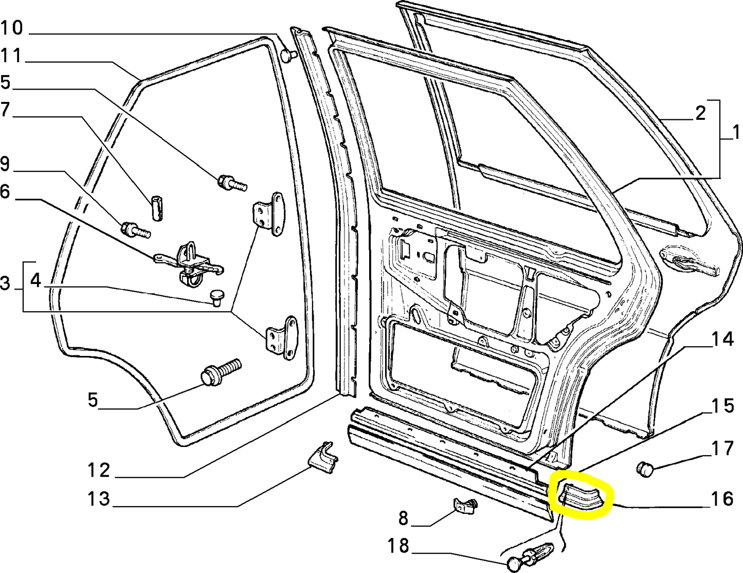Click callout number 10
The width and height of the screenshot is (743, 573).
click(x=12, y=28)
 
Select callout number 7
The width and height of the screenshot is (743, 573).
click(x=4, y=110)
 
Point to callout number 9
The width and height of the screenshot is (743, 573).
click(x=5, y=164)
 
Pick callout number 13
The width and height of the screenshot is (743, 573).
click(x=99, y=498)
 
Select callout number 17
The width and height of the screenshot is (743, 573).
click(x=722, y=449)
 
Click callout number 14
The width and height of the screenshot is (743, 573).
click(x=722, y=339)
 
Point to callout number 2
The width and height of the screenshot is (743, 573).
click(x=700, y=113)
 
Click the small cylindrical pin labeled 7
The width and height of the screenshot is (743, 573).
click(x=157, y=208)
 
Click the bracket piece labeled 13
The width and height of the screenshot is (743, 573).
click(x=323, y=458)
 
